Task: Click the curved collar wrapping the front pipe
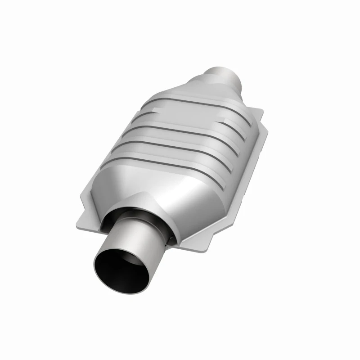tap(135, 202)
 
